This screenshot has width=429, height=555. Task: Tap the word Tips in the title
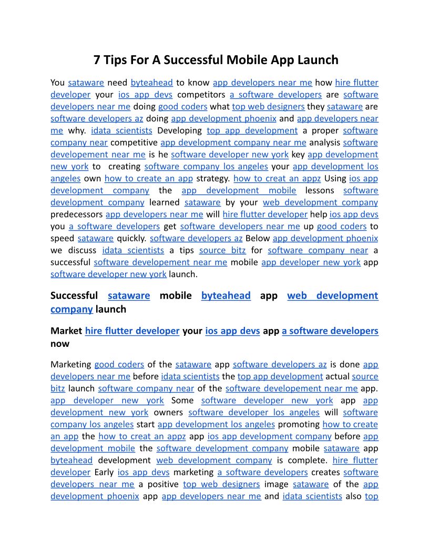click(118, 59)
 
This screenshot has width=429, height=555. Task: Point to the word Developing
click(179, 130)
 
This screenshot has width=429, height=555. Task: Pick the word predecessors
click(76, 214)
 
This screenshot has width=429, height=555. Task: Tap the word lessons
click(320, 190)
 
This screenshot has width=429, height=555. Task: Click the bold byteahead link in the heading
click(226, 295)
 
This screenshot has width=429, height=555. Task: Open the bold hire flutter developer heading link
click(132, 331)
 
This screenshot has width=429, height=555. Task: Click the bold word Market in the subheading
click(66, 331)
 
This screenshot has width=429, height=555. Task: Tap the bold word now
click(60, 344)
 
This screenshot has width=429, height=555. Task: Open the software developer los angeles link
click(253, 413)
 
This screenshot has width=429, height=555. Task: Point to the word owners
click(168, 413)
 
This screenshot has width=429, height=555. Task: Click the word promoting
click(298, 424)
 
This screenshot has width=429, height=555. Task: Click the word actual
click(337, 376)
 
